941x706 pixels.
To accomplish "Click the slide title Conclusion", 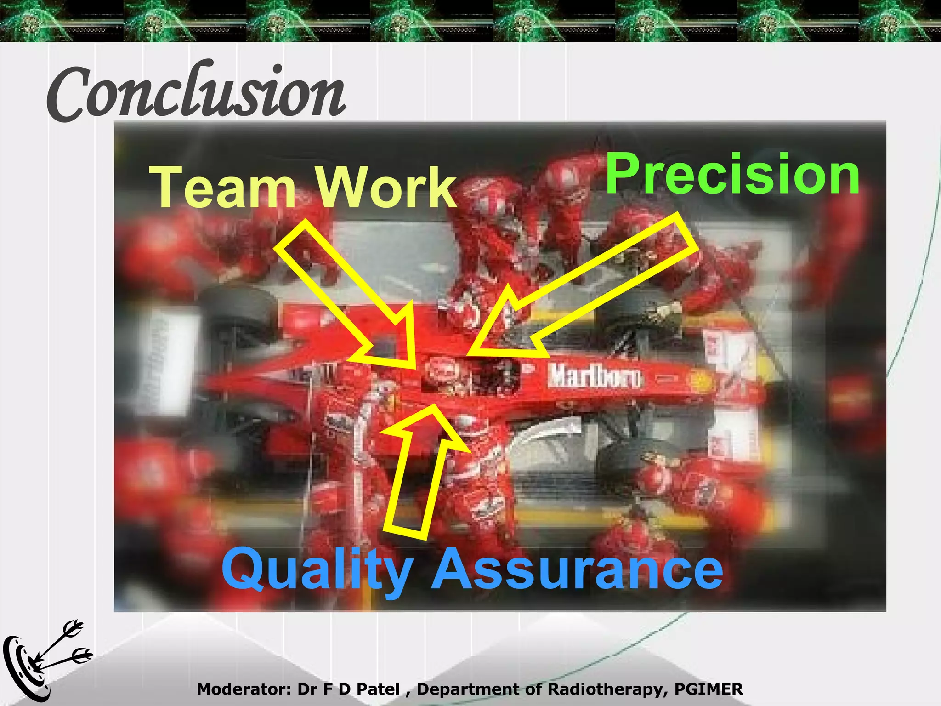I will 195,92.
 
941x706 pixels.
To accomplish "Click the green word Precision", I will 732,175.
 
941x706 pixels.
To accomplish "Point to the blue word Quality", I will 317,570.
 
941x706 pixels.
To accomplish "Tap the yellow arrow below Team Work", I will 349,294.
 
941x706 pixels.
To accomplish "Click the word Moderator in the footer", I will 244,689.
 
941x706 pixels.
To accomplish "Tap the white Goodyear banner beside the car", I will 165,363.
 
